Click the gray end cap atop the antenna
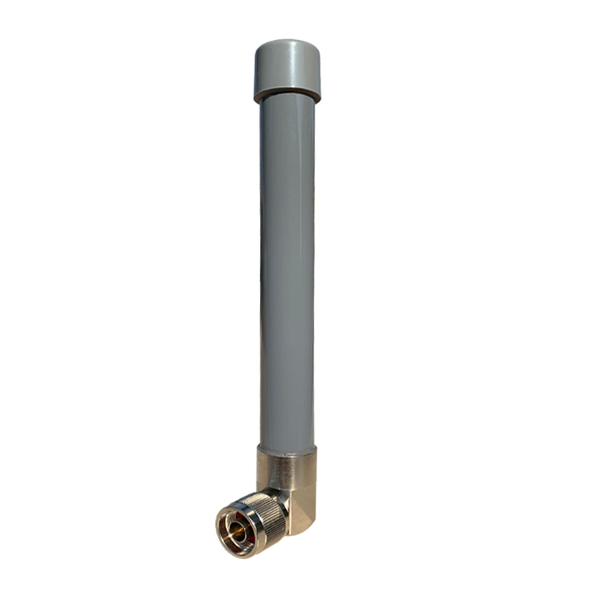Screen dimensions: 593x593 [287, 70]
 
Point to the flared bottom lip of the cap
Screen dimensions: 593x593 [287, 96]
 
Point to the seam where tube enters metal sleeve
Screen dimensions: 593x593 [287, 446]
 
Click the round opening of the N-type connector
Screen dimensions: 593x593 [236, 531]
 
